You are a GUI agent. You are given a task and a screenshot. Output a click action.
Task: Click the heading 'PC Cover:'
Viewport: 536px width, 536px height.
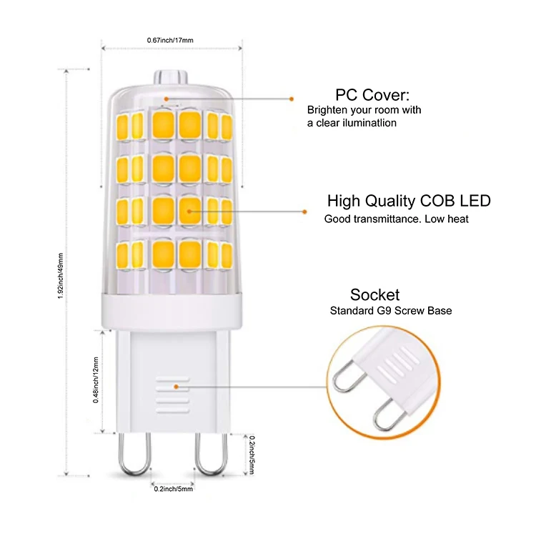click(x=372, y=95)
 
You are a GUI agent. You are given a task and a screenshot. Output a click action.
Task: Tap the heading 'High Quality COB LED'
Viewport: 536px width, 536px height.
click(x=409, y=201)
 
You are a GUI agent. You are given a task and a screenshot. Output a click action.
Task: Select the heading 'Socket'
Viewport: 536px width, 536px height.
click(x=374, y=294)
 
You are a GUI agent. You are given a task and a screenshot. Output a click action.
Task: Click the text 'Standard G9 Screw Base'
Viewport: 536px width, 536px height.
click(x=391, y=311)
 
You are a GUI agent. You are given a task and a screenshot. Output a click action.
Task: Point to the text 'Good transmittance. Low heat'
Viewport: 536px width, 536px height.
click(x=397, y=219)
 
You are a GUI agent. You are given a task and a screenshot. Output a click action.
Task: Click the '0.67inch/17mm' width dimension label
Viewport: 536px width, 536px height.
click(x=170, y=40)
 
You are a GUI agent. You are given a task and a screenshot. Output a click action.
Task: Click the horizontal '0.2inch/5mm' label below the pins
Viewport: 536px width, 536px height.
click(x=173, y=489)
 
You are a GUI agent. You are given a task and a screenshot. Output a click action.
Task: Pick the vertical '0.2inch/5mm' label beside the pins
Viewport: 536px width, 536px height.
click(x=252, y=453)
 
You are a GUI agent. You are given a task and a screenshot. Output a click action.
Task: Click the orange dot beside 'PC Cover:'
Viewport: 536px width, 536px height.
click(x=292, y=99)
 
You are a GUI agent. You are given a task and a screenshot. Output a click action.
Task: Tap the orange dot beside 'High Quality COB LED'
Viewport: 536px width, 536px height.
click(x=304, y=211)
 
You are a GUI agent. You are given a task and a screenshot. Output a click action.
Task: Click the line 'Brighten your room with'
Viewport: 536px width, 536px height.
click(x=364, y=110)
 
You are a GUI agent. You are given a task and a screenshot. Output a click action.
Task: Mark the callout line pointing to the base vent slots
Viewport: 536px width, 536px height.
click(x=250, y=385)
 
